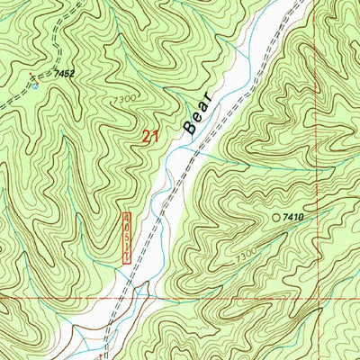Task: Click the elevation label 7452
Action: [63, 71]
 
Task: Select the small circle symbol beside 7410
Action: [276, 217]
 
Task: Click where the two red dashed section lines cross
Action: [328, 294]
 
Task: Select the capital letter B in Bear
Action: [190, 128]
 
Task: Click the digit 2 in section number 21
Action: [147, 138]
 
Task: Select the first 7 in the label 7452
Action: [56, 71]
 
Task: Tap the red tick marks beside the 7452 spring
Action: [30, 76]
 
